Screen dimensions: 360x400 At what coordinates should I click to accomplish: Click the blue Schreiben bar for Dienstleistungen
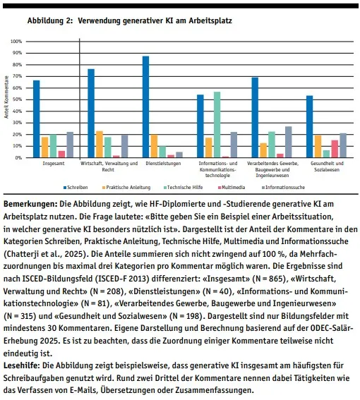[x=146, y=107]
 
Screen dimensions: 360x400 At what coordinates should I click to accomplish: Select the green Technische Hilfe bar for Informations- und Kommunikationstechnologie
[x=217, y=124]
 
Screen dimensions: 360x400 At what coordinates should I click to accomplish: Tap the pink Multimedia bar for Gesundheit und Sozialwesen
[x=335, y=149]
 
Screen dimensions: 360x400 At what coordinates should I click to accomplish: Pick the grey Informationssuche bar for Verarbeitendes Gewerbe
[x=289, y=142]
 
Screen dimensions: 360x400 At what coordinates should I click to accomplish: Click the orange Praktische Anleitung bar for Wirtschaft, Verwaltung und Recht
[x=100, y=144]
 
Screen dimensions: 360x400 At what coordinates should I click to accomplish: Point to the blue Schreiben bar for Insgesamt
[x=37, y=119]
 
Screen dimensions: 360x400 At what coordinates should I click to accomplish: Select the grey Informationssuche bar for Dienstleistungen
[x=179, y=154]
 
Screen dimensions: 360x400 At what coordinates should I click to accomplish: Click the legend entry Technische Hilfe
[x=184, y=188]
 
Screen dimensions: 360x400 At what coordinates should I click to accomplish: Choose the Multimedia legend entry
[x=232, y=188]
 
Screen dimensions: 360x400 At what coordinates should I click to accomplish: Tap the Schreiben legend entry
[x=76, y=188]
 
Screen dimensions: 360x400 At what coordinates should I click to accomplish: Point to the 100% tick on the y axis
[x=16, y=42]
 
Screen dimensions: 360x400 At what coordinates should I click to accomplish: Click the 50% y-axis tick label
[x=18, y=99]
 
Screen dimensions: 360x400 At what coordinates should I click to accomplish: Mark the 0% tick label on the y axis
[x=18, y=157]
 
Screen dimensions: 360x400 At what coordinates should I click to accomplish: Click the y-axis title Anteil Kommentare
[x=6, y=97]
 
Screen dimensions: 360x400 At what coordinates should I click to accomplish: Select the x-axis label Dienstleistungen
[x=163, y=164]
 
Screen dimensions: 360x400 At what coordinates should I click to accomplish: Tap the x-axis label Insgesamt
[x=54, y=164]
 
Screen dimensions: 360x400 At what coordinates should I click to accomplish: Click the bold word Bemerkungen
[x=30, y=204]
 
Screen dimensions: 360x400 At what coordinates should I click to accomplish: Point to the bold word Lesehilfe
[x=22, y=365]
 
